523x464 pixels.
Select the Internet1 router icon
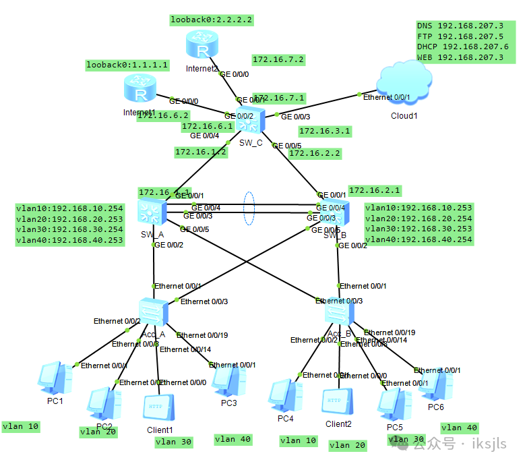[x=140, y=89]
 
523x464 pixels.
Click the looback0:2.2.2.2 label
[x=212, y=20]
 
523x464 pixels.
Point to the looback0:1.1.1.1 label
[x=127, y=65]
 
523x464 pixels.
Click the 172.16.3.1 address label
[x=324, y=131]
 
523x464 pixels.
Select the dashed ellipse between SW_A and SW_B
[x=249, y=209]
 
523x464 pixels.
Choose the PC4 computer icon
[x=282, y=397]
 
